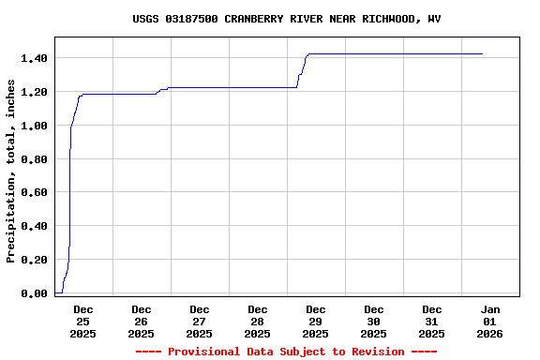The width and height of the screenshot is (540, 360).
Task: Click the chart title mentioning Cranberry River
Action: click(x=286, y=19)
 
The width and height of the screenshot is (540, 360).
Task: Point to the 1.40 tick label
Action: click(x=34, y=58)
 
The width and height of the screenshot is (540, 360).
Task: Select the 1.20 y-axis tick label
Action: click(x=34, y=92)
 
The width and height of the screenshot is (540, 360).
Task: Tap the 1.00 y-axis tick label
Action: click(x=34, y=126)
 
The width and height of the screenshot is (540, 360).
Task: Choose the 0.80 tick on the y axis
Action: click(x=34, y=159)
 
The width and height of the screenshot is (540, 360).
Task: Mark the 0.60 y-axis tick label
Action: click(x=34, y=193)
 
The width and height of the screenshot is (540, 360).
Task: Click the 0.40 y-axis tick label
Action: click(x=34, y=226)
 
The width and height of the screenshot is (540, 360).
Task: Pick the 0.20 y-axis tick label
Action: click(x=34, y=260)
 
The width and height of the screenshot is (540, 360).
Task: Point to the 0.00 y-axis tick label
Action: click(x=34, y=293)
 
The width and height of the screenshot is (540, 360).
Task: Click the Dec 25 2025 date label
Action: click(x=82, y=322)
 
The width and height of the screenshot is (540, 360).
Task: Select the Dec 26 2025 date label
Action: click(x=141, y=322)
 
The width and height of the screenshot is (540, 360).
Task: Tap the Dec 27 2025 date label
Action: click(x=199, y=322)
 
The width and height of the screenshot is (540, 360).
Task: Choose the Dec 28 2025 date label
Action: click(x=257, y=322)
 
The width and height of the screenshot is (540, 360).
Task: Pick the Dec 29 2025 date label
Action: click(x=315, y=322)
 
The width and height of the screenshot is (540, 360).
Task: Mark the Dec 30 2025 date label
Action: click(x=373, y=322)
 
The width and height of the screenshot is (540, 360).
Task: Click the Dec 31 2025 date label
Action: click(x=431, y=322)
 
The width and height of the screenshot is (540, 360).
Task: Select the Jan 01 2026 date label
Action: click(x=489, y=322)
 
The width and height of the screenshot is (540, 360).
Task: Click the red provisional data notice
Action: click(x=286, y=352)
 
